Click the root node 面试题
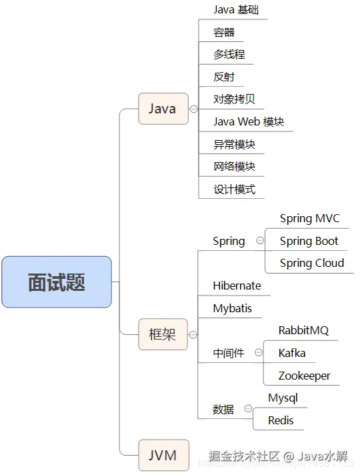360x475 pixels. [57, 282]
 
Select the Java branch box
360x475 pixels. [163, 109]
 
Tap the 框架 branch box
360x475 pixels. [163, 334]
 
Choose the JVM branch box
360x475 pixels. [163, 456]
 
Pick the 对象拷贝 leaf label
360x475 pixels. [234, 99]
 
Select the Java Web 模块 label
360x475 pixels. [248, 122]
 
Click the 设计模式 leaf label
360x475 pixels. [234, 189]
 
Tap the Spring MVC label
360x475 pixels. [309, 219]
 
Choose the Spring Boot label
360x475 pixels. [309, 241]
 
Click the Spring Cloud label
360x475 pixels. [311, 263]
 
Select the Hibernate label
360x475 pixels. [237, 286]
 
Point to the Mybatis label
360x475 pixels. [232, 308]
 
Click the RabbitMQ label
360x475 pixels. [303, 331]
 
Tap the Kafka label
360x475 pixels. [292, 353]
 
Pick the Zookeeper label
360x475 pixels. [304, 376]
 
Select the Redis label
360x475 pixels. [281, 420]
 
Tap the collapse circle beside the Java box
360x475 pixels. [193, 109]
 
